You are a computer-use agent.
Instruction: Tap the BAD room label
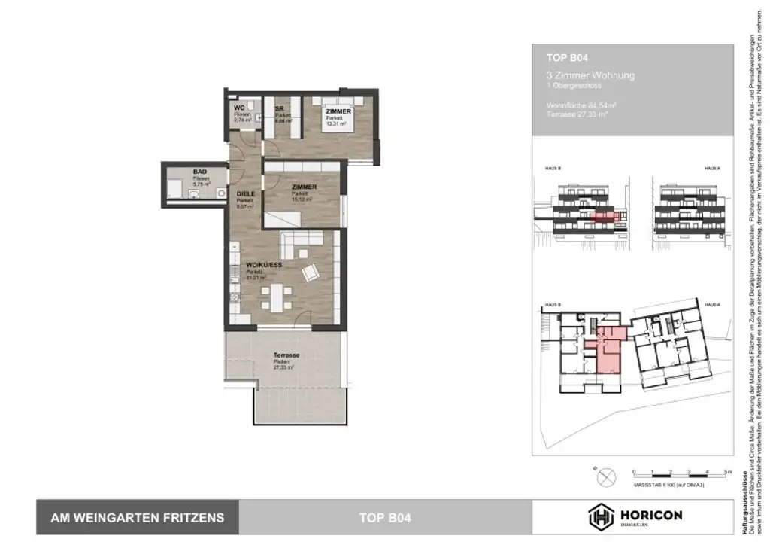(178, 172)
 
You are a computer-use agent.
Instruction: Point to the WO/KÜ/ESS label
(263, 265)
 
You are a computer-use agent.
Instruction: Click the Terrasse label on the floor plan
(286, 355)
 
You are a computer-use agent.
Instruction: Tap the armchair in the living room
(310, 272)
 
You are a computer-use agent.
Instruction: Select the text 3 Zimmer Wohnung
(591, 75)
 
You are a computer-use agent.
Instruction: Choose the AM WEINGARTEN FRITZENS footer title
(137, 517)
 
